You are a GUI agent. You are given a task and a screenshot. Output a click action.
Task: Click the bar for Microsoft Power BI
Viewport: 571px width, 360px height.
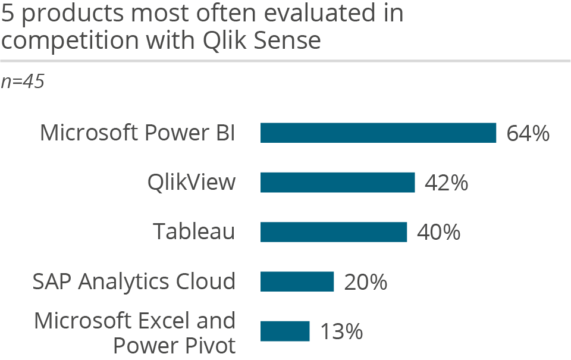378,133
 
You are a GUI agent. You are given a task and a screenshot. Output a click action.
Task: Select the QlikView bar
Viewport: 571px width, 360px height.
337,183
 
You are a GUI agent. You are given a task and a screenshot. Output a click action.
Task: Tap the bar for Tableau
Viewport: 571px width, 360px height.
334,232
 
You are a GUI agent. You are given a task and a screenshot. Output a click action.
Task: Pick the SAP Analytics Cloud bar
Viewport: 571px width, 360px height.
297,281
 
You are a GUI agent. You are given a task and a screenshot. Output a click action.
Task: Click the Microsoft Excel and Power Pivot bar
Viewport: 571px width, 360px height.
285,331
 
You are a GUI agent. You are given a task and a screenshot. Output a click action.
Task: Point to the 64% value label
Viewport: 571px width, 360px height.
528,133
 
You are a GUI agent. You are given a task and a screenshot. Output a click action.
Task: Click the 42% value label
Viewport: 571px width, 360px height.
446,183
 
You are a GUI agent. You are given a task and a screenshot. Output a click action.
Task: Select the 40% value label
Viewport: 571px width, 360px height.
438,233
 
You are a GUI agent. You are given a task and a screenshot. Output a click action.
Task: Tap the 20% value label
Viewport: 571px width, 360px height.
365,282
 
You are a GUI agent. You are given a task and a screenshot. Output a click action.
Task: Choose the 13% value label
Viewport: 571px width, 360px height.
341,331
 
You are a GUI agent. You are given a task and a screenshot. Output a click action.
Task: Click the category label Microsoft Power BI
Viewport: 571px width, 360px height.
137,133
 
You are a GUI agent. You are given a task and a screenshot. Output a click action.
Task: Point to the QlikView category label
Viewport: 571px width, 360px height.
192,182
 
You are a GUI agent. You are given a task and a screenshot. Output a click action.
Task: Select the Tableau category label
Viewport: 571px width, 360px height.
194,231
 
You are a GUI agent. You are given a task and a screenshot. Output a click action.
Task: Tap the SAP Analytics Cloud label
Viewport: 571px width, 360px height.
134,281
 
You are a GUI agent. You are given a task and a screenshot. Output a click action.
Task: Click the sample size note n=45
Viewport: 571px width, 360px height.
23,82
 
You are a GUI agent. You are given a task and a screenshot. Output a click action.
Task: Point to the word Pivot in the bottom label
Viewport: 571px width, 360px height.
209,345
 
